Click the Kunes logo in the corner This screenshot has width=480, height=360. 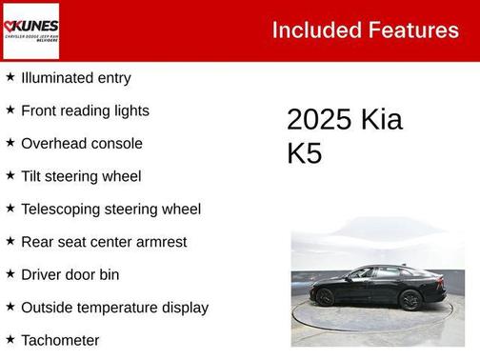click(31, 30)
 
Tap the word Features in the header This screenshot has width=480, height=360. click(411, 30)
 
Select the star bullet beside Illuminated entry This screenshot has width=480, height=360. click(10, 77)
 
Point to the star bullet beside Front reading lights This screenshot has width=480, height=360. click(10, 110)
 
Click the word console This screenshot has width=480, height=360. click(118, 143)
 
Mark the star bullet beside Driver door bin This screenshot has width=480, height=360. click(10, 273)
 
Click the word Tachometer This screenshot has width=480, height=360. click(60, 340)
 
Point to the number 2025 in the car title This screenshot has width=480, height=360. click(319, 120)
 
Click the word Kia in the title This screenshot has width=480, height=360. click(381, 120)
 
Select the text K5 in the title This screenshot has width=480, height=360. click(305, 153)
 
